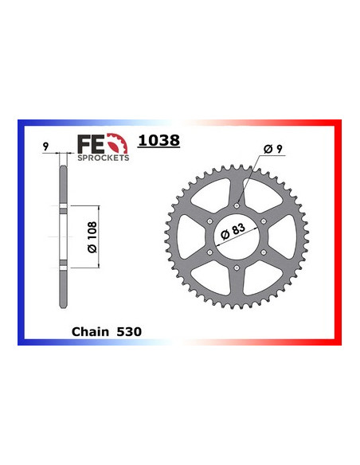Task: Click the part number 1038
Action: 158,141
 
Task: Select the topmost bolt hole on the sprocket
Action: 237,204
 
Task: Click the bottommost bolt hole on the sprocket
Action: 237,270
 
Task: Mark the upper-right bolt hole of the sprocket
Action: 265,221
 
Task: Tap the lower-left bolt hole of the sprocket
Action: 208,253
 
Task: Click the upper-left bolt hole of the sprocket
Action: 208,221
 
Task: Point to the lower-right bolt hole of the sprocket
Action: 265,253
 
